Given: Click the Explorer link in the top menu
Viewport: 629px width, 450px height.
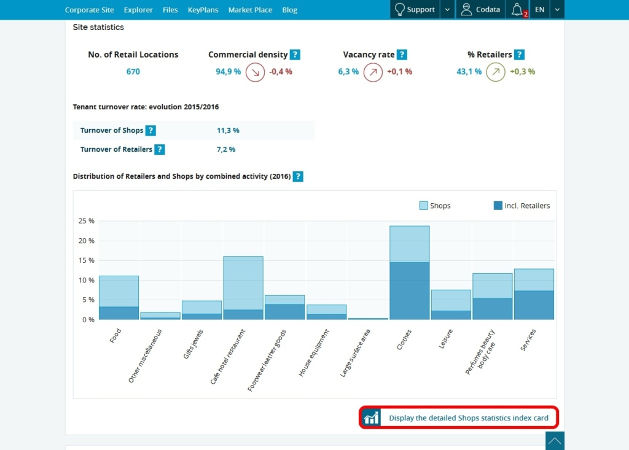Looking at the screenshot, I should [138, 10].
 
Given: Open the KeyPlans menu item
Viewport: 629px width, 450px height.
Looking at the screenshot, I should [203, 10].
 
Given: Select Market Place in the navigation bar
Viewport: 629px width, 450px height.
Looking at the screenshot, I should [251, 10].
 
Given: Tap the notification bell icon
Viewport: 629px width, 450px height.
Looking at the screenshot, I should [517, 10].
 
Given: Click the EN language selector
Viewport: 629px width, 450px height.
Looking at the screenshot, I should [539, 10].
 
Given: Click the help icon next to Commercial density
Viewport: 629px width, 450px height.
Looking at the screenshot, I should [295, 55].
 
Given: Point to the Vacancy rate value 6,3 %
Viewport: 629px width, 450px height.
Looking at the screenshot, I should [348, 72].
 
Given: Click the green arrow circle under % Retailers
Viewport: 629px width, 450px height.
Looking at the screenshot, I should [495, 72].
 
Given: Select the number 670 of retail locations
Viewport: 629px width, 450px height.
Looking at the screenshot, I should [133, 72].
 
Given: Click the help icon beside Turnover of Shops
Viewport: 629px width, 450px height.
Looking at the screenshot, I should [150, 130].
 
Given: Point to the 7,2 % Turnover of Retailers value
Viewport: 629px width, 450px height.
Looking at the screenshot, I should [226, 149].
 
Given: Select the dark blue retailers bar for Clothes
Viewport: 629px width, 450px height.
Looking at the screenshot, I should [409, 291].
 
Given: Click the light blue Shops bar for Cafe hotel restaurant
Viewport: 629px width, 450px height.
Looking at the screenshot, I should [243, 282].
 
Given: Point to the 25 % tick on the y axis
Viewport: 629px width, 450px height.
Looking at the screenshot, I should [87, 221].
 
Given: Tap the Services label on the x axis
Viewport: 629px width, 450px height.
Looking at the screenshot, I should [527, 340].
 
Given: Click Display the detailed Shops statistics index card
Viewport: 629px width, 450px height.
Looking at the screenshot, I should [468, 418].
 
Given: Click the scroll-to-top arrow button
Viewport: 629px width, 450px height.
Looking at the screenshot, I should [555, 441].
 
